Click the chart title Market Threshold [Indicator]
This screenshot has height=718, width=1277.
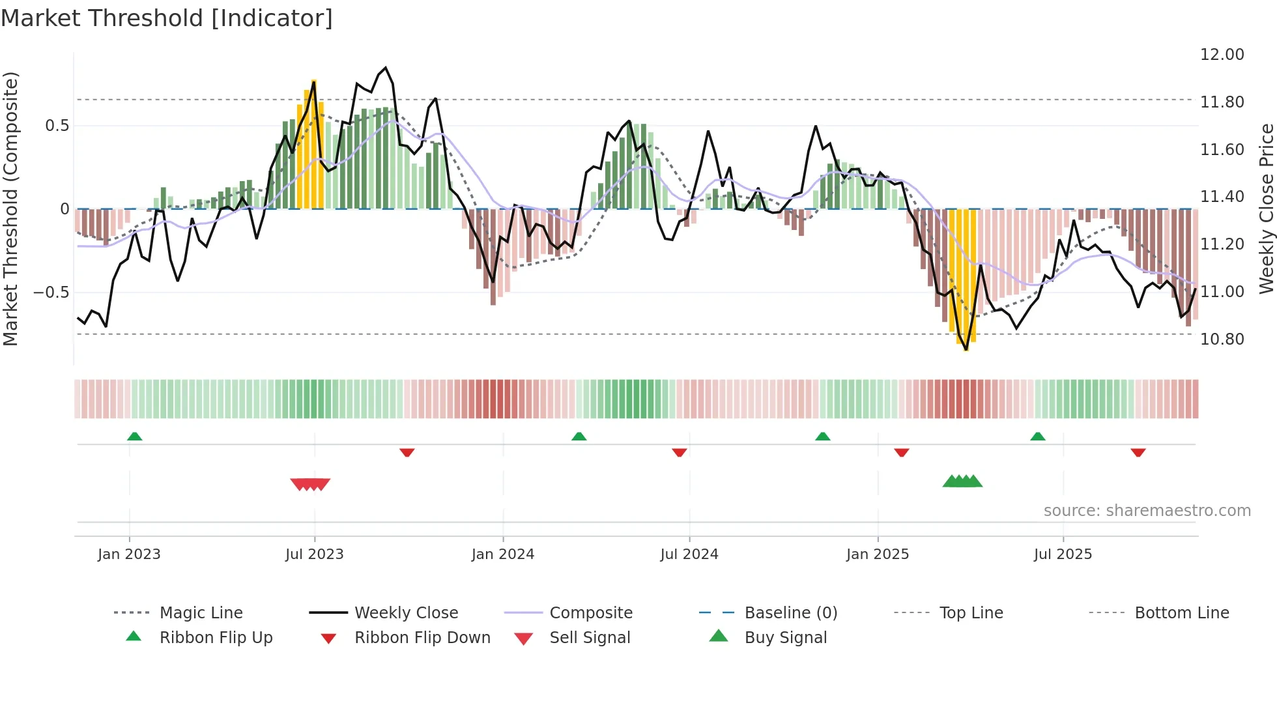[x=167, y=18]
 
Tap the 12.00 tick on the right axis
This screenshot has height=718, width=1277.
[x=1222, y=55]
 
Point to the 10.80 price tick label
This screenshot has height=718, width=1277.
[x=1222, y=339]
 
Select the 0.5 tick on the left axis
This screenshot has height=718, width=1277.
[x=57, y=126]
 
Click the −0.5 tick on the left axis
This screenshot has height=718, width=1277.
[x=51, y=293]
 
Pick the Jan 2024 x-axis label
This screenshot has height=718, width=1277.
[x=502, y=554]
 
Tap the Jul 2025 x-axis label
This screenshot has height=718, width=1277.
[x=1063, y=554]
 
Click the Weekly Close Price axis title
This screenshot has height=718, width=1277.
[x=1266, y=208]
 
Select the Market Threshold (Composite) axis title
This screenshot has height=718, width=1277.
[x=11, y=208]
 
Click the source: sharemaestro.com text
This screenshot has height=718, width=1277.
[x=1147, y=511]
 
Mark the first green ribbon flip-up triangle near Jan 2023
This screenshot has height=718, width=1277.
[x=135, y=437]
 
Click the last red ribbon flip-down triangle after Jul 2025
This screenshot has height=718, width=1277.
[x=1138, y=452]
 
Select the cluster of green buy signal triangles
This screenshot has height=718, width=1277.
[x=962, y=481]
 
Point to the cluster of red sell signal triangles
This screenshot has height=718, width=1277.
[x=310, y=484]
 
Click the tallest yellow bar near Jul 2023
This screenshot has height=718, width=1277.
[x=314, y=143]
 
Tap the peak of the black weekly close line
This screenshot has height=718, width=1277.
[x=386, y=68]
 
